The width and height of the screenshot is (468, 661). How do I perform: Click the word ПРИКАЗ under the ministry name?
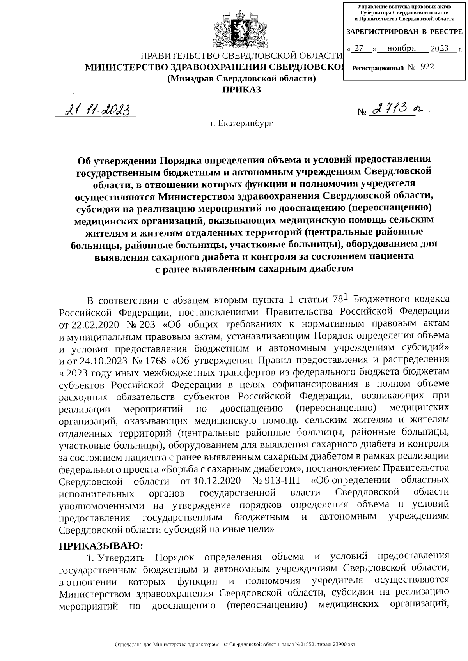tap(241, 90)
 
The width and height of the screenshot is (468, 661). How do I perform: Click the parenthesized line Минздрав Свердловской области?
tap(241, 78)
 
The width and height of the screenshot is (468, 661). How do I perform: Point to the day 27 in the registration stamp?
tap(360, 48)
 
